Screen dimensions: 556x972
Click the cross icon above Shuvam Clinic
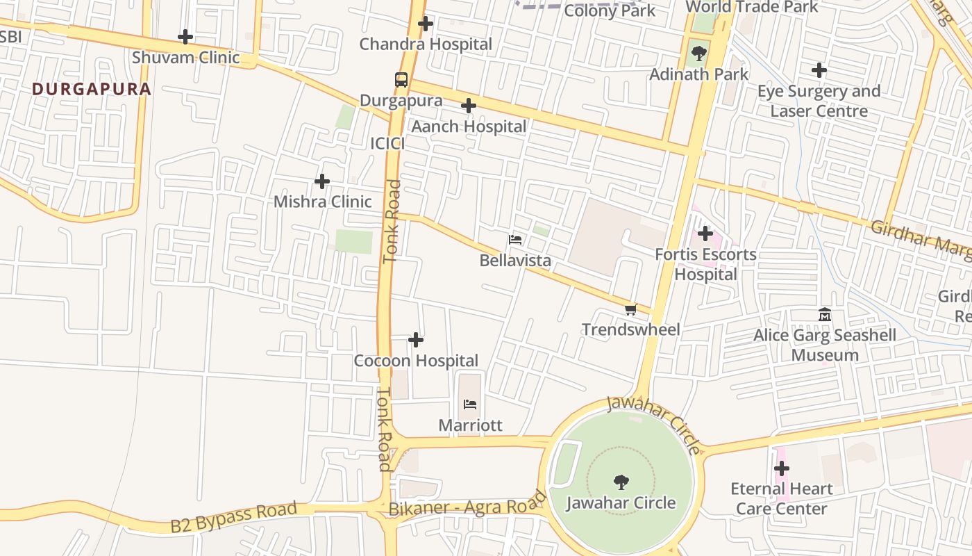tap(185, 37)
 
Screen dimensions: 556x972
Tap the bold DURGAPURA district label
tap(92, 89)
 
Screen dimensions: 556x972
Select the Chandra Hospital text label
tap(425, 44)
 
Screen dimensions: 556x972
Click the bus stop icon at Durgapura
tap(401, 79)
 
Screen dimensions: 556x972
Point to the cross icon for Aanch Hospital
tap(469, 106)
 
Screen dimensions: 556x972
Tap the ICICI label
tap(387, 143)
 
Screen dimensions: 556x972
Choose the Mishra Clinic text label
tap(322, 202)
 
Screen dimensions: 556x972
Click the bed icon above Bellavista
tap(515, 240)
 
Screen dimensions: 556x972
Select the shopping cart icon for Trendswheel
tap(630, 309)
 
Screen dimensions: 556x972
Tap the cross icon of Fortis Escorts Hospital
tap(705, 234)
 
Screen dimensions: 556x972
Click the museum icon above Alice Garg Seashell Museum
tap(825, 315)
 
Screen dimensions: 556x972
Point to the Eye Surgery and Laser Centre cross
tap(819, 70)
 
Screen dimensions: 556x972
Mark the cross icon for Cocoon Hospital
tap(416, 340)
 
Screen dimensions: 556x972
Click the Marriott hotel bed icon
tap(470, 404)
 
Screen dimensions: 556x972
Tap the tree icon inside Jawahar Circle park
tap(621, 482)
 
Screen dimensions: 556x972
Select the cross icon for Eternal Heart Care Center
tap(782, 468)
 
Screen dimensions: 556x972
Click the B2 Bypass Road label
tap(233, 518)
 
